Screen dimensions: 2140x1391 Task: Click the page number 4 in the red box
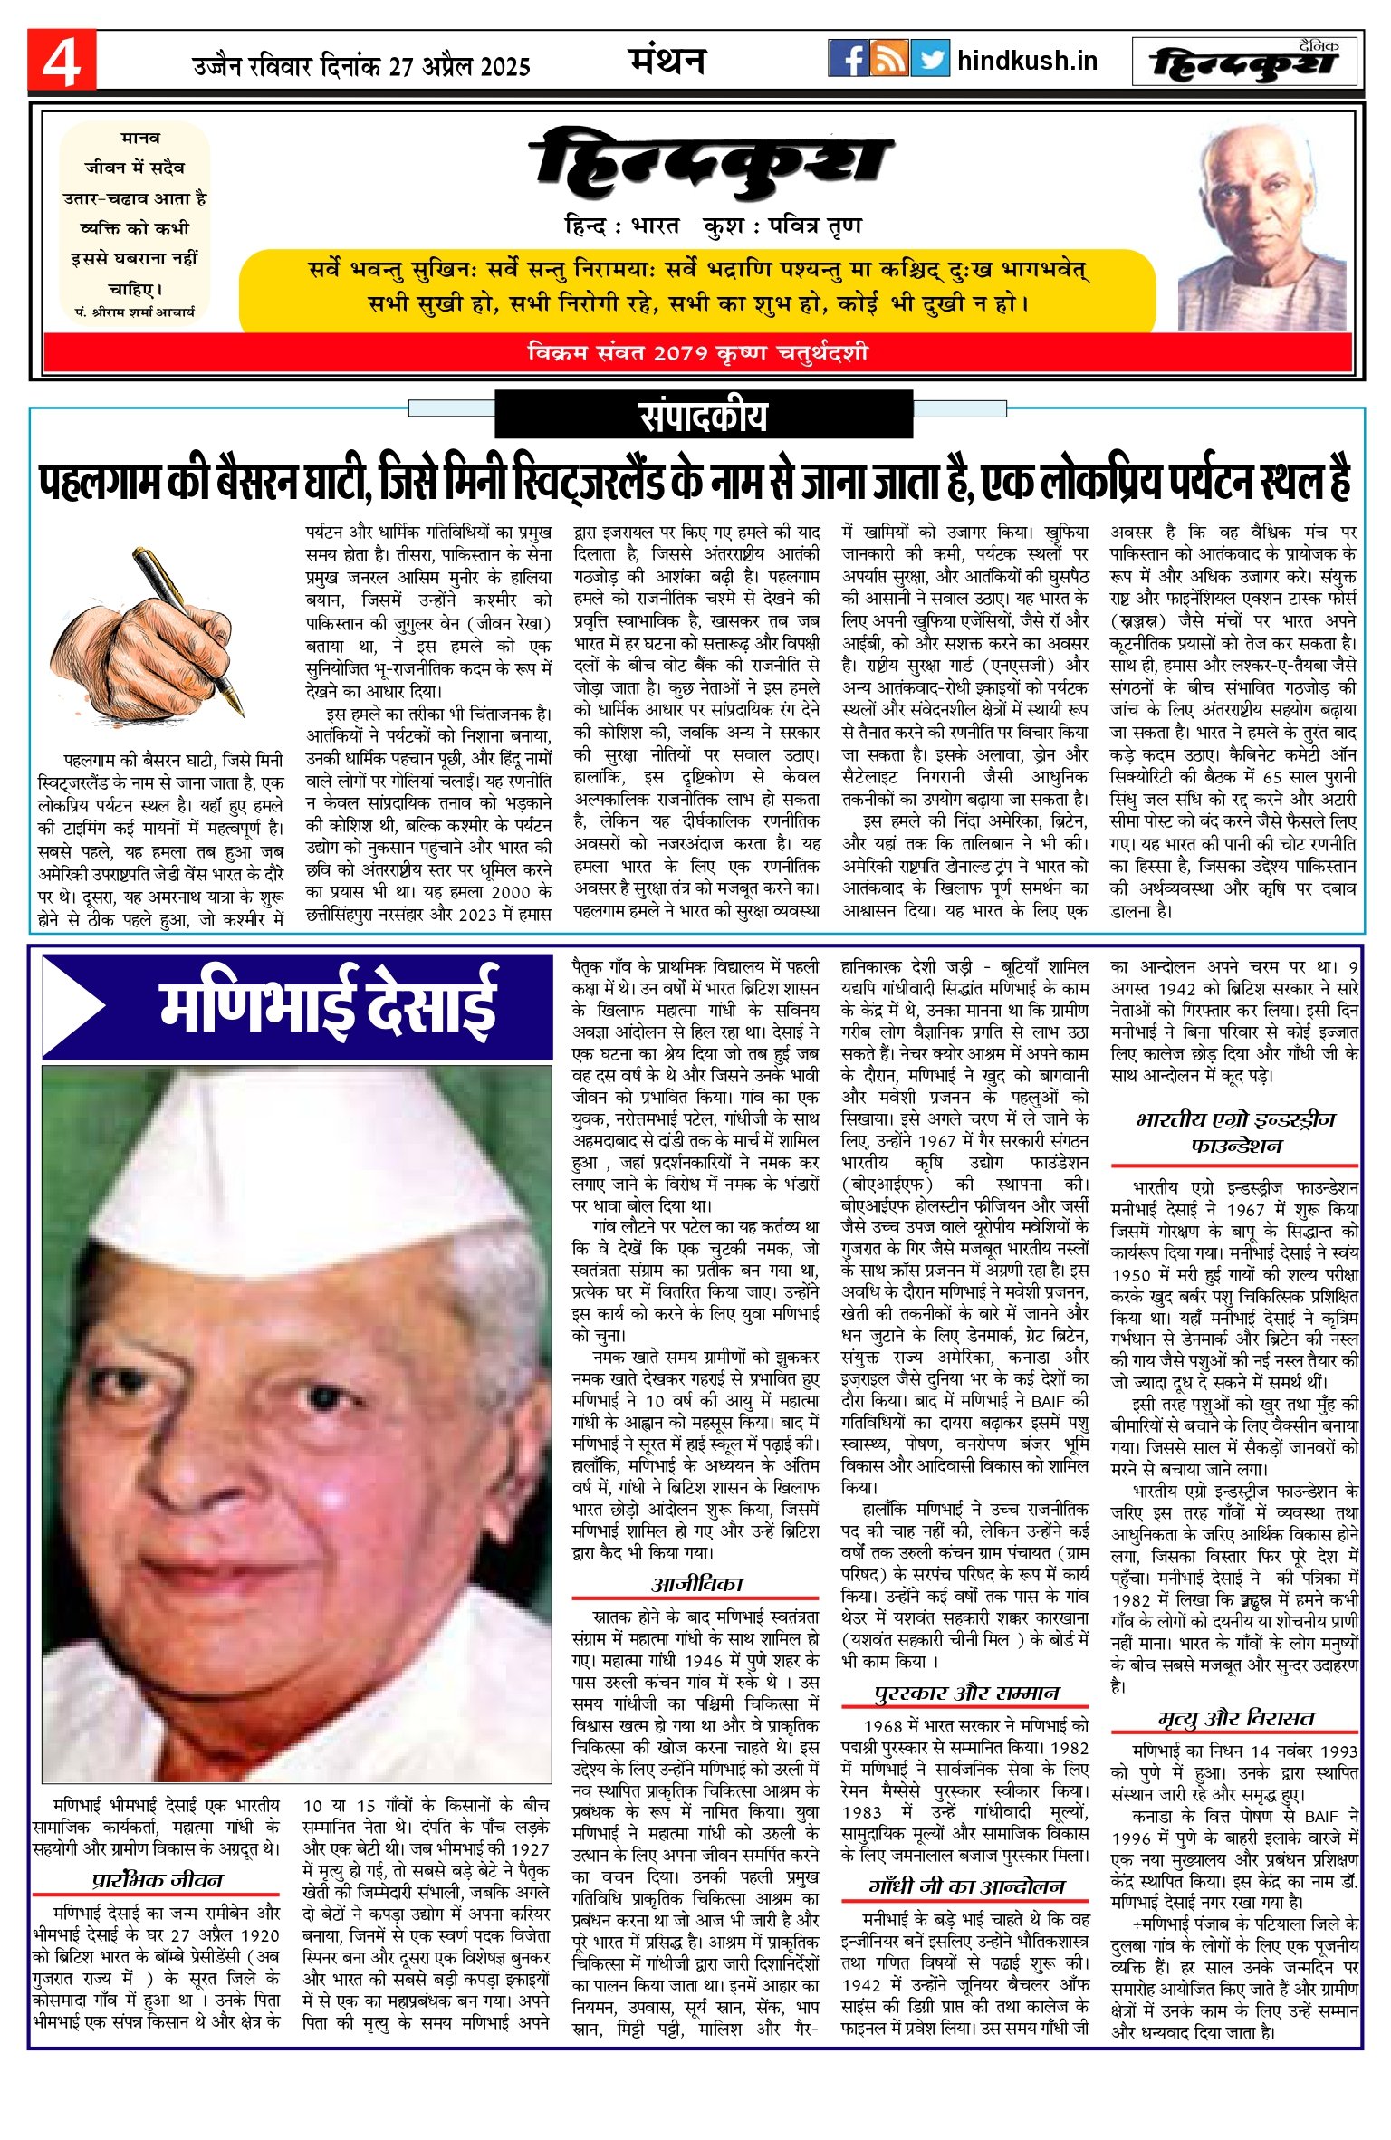61,61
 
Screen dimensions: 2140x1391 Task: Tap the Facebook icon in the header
849,59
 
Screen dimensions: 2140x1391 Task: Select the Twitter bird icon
930,59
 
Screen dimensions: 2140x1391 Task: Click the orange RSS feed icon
889,59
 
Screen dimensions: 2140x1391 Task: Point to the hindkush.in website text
1027,61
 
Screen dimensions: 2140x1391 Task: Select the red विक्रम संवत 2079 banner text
697,352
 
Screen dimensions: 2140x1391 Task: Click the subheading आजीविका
696,1584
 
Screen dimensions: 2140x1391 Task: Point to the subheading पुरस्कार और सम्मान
966,1693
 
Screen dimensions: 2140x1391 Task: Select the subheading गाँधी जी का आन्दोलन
966,1886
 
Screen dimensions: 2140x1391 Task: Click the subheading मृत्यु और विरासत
1235,1718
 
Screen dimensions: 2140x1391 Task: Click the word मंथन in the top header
667,61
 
